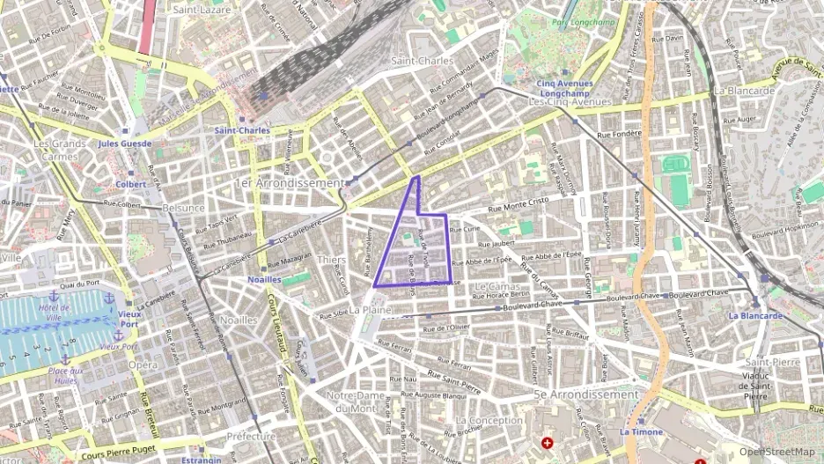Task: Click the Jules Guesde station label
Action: coord(125,143)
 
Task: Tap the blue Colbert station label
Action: coord(131,184)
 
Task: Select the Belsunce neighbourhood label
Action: coord(183,208)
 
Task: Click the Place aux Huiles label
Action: coord(64,375)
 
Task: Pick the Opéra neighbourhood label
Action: coord(143,365)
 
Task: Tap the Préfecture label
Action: coord(252,436)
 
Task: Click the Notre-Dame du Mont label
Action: coord(352,401)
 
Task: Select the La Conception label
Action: coord(489,420)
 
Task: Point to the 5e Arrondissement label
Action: coord(586,394)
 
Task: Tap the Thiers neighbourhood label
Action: coord(331,261)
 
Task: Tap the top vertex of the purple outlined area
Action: coord(417,177)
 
